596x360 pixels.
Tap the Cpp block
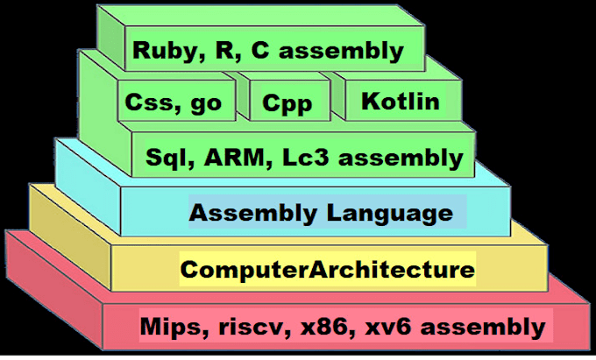(287, 104)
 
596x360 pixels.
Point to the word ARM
(231, 159)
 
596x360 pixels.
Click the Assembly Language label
(322, 213)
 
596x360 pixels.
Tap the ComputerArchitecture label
(327, 269)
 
